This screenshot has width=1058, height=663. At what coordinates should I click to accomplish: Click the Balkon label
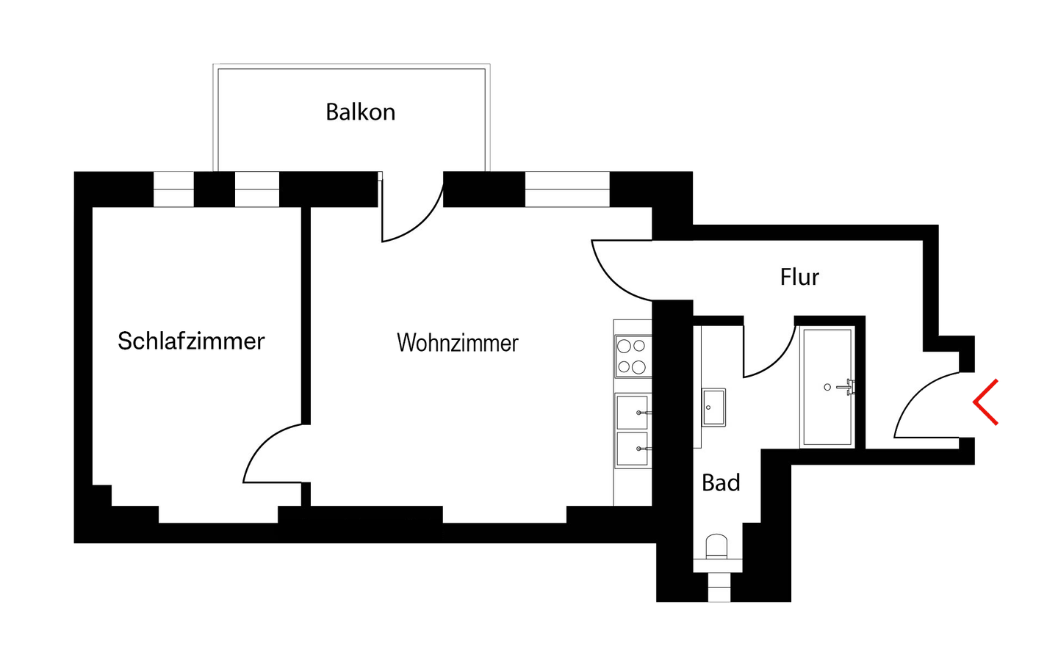coord(360,112)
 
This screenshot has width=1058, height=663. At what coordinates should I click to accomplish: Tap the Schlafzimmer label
coord(191,341)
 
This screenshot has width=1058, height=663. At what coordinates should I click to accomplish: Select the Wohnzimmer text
coord(457,343)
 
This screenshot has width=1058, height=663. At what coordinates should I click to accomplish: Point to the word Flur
coord(799,277)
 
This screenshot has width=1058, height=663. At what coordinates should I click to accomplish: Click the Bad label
coord(721,482)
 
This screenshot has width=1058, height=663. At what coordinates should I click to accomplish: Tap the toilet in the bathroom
coord(716,548)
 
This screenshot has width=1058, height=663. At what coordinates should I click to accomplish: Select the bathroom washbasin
coord(713,407)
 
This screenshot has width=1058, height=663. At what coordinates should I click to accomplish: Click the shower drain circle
coord(827,387)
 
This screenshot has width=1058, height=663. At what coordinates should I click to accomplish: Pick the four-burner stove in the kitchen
coord(633,356)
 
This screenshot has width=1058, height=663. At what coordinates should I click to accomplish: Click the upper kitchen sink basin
coord(632,412)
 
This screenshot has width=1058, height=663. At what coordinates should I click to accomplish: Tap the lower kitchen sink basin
coord(632,449)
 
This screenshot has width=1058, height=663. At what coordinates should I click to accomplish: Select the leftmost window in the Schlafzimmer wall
coord(173,189)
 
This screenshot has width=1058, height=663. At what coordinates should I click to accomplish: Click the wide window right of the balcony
coord(567,189)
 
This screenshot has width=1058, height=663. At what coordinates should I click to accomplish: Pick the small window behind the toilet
coord(719,587)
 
